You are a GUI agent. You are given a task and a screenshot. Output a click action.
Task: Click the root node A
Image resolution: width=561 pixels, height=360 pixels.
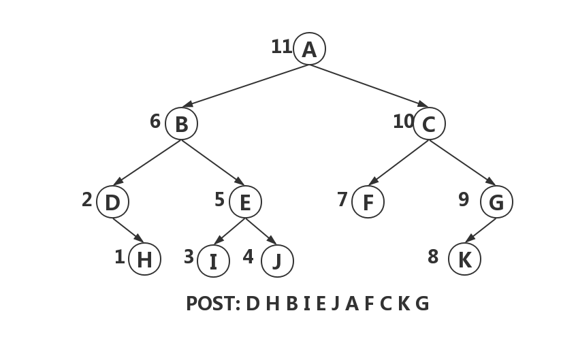(x=310, y=49)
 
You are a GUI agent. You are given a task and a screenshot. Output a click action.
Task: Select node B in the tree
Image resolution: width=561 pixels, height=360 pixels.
(x=181, y=124)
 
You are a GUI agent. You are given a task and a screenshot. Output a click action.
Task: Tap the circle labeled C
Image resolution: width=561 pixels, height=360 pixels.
(x=429, y=124)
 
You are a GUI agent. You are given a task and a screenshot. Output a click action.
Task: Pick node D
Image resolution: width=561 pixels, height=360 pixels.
(x=112, y=202)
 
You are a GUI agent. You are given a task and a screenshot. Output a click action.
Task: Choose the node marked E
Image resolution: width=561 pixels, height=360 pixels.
(x=245, y=202)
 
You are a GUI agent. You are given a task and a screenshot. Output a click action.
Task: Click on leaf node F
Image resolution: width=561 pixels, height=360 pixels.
(x=368, y=202)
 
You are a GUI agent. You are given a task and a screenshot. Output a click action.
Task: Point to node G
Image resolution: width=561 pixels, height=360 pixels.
(x=496, y=202)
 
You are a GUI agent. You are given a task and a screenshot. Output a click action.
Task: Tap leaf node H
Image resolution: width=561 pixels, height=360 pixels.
(x=144, y=259)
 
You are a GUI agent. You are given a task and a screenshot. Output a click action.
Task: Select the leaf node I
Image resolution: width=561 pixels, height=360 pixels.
(x=213, y=261)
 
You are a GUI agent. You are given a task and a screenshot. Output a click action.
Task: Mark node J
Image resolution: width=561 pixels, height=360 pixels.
(x=277, y=261)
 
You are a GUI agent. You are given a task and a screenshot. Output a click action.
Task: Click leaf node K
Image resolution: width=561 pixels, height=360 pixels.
(x=465, y=259)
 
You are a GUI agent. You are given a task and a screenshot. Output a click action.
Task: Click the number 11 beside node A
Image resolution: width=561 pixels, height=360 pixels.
(x=281, y=47)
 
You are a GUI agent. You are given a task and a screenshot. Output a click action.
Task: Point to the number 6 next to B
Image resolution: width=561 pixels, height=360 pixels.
(x=155, y=121)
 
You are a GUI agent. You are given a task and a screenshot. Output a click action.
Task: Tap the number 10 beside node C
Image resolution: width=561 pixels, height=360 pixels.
(x=402, y=121)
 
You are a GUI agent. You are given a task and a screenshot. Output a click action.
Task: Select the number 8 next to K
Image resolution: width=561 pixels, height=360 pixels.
(x=433, y=257)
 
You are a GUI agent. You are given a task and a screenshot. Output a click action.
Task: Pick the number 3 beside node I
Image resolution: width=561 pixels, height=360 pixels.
(x=189, y=257)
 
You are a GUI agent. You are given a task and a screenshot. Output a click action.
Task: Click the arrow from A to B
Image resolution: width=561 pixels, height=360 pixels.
(x=245, y=86)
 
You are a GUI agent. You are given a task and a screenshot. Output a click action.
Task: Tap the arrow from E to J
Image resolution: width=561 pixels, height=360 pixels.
(x=261, y=231)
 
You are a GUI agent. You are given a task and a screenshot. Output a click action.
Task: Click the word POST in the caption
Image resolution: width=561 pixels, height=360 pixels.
(x=212, y=304)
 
